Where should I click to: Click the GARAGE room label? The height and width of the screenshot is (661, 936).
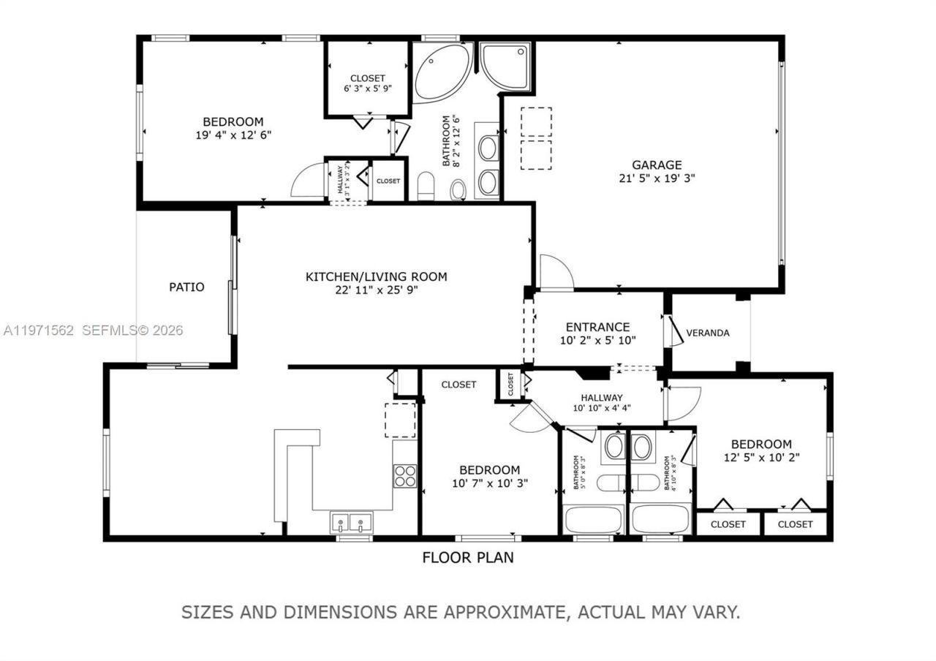657,165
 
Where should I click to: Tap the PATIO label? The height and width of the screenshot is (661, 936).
186,287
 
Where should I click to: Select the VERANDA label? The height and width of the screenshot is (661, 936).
707,333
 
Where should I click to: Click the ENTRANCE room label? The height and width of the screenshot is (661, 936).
597,327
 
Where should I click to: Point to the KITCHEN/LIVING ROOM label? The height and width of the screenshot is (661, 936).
376,277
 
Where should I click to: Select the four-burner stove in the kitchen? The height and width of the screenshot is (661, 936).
405,476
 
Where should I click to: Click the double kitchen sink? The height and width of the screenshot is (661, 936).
350,523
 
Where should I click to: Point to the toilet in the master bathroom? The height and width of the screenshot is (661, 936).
458,190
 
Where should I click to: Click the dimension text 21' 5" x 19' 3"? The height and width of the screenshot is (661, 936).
657,177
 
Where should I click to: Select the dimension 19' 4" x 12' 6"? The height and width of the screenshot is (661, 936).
233,135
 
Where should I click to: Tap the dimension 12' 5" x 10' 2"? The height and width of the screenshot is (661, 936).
761,458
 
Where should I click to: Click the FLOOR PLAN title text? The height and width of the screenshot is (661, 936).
468,558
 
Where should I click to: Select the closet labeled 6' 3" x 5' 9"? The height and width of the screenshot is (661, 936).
367,78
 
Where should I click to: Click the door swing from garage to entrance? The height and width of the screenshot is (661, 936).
556,273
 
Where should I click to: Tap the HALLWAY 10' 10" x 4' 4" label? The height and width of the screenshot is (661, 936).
598,403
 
